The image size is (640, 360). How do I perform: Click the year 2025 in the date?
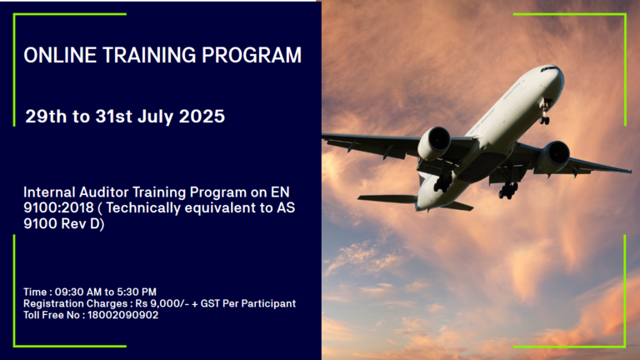202,117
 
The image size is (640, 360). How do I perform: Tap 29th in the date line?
46,117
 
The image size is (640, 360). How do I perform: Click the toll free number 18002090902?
122,315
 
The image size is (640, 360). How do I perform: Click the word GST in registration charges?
210,303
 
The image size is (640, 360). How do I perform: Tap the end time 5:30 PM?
137,292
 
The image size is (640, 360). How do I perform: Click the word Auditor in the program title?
104,192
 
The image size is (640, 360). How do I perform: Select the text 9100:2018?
59,207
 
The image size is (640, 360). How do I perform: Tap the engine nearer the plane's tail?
434,142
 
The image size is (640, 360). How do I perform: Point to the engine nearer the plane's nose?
554,157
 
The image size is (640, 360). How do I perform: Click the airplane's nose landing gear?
544,115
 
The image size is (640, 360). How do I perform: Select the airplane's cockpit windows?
548,68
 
